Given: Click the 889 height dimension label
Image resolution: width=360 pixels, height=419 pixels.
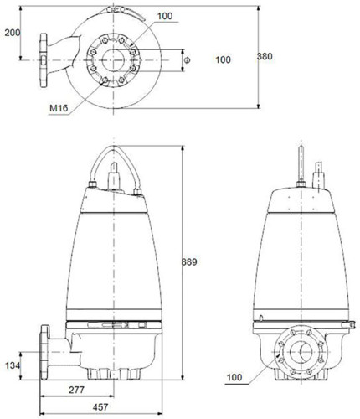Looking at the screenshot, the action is [x=189, y=262].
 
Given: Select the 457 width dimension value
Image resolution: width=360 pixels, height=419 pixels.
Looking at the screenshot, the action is [x=100, y=407].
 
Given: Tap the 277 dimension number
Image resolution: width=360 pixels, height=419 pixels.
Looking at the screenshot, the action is [x=76, y=390].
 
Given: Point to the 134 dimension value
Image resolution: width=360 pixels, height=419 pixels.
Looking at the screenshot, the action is [x=13, y=365].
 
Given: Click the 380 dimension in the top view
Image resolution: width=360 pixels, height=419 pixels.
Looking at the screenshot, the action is [x=265, y=56].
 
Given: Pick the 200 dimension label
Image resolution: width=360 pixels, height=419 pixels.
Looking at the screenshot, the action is [x=13, y=33].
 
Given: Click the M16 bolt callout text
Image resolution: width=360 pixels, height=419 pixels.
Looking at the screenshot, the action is [x=59, y=108].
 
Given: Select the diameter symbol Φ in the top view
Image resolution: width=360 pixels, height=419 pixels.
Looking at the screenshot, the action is [x=188, y=60].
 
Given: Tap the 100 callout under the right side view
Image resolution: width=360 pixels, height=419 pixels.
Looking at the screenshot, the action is [x=234, y=377].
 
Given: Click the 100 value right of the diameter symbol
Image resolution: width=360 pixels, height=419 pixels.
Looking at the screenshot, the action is [x=223, y=59].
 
